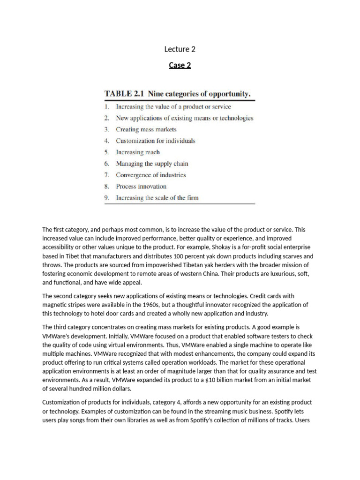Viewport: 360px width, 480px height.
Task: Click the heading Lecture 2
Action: (x=180, y=49)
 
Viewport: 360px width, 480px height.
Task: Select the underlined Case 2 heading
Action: (x=180, y=65)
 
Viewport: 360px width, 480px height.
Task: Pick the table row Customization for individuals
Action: (x=156, y=141)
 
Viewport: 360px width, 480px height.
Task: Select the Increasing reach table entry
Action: (x=138, y=152)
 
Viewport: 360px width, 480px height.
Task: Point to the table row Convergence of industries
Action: (x=151, y=175)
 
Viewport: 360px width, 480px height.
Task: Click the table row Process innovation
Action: (x=141, y=187)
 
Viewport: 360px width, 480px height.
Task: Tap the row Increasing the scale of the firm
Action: (x=157, y=198)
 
